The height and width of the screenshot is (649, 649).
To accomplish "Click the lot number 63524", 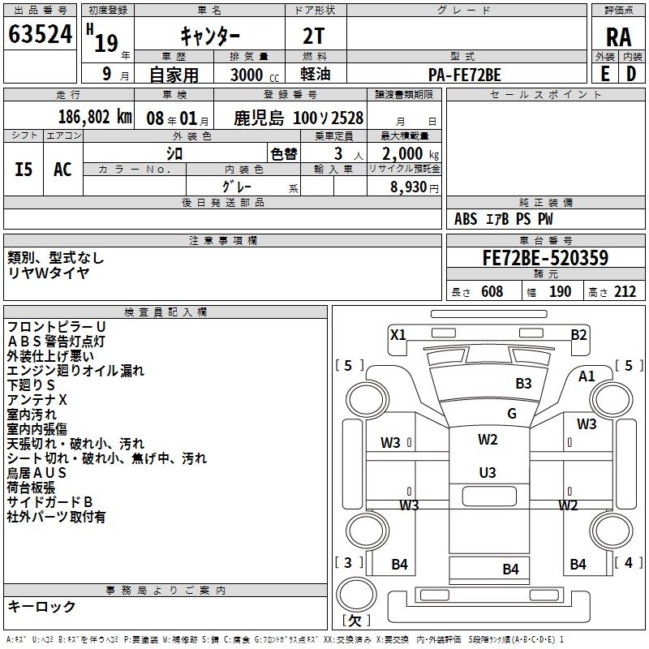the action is pos(41,34).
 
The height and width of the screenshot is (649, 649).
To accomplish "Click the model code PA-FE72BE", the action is pos(465,75).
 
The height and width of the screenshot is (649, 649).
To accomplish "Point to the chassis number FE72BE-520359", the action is pos(545,259).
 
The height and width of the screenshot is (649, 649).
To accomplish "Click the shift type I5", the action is pos(24,169).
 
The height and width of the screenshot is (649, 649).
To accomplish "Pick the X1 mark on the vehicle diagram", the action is pos(398,334).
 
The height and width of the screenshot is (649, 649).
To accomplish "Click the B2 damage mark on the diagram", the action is pos(578,334).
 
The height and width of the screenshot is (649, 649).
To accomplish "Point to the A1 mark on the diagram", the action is pos(587,376).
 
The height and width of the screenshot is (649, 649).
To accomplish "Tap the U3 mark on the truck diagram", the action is pos(488,472).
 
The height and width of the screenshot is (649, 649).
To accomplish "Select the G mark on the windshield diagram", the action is pos(512,413).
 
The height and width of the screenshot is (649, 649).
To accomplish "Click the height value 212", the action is pos(625,292).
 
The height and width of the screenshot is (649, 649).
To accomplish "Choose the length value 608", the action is pos(492,292).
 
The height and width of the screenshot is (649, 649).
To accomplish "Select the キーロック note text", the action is pos(42,606).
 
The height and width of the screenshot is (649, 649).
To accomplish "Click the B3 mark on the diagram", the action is pos(523,383).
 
